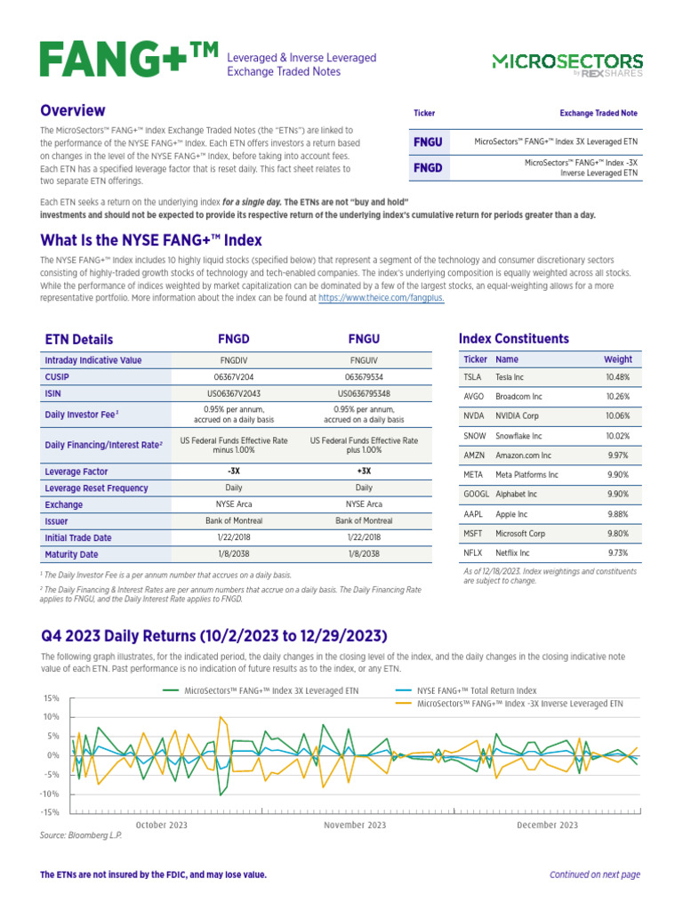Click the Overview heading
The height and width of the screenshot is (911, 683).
click(73, 111)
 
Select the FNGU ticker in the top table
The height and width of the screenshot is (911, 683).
click(428, 141)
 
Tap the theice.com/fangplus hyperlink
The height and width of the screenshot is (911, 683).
click(381, 299)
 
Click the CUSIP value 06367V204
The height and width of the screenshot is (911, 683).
click(234, 376)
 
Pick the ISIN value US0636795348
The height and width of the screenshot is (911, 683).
click(364, 392)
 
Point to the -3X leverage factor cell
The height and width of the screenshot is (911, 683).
click(234, 472)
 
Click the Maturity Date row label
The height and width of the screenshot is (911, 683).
click(71, 554)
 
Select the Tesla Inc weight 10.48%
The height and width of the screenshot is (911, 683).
click(617, 376)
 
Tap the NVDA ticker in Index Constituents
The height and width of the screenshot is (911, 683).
click(474, 415)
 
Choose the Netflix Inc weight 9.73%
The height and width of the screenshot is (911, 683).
click(617, 552)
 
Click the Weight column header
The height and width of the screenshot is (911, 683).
click(618, 359)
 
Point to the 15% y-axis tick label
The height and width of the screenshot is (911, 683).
click(50, 697)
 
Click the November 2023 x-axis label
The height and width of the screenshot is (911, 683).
click(355, 826)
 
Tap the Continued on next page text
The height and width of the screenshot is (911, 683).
click(594, 875)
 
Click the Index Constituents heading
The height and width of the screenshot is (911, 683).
click(513, 338)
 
